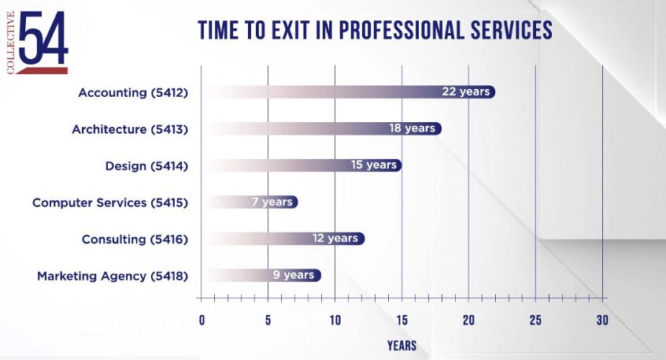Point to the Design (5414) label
click(x=146, y=165)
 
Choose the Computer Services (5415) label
click(x=109, y=202)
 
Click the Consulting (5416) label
click(x=135, y=239)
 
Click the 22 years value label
click(x=466, y=91)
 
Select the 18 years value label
click(x=412, y=128)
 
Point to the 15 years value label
click(x=374, y=165)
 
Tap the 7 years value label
click(x=272, y=202)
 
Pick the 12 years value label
click(x=335, y=238)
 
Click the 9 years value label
click(x=294, y=275)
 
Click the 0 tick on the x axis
click(x=202, y=320)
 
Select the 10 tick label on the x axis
click(x=335, y=320)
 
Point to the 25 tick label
click(x=535, y=320)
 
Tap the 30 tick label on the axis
click(x=602, y=320)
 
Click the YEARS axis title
click(x=401, y=345)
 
